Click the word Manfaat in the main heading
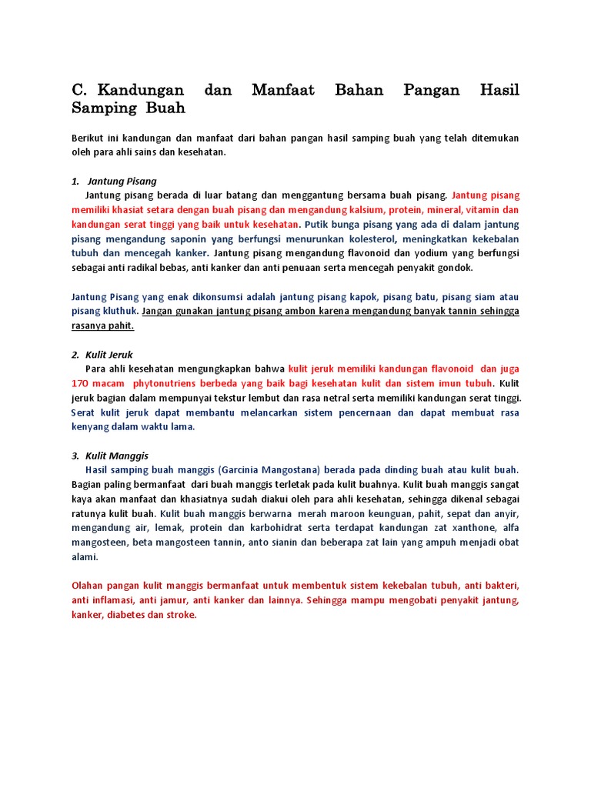point(283,90)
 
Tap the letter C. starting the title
point(80,90)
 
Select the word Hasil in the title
point(499,90)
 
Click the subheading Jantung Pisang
point(122,181)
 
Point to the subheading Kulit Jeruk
point(109,355)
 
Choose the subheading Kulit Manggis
point(117,456)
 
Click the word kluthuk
point(119,311)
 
